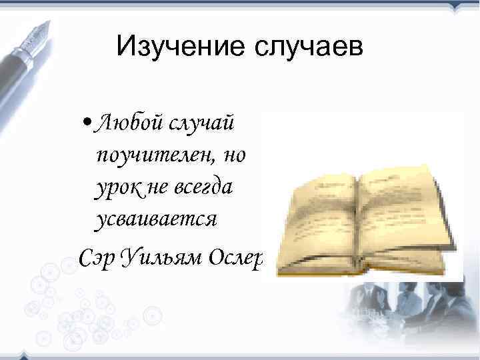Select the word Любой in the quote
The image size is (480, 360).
click(x=125, y=123)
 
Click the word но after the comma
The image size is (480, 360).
click(x=235, y=157)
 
